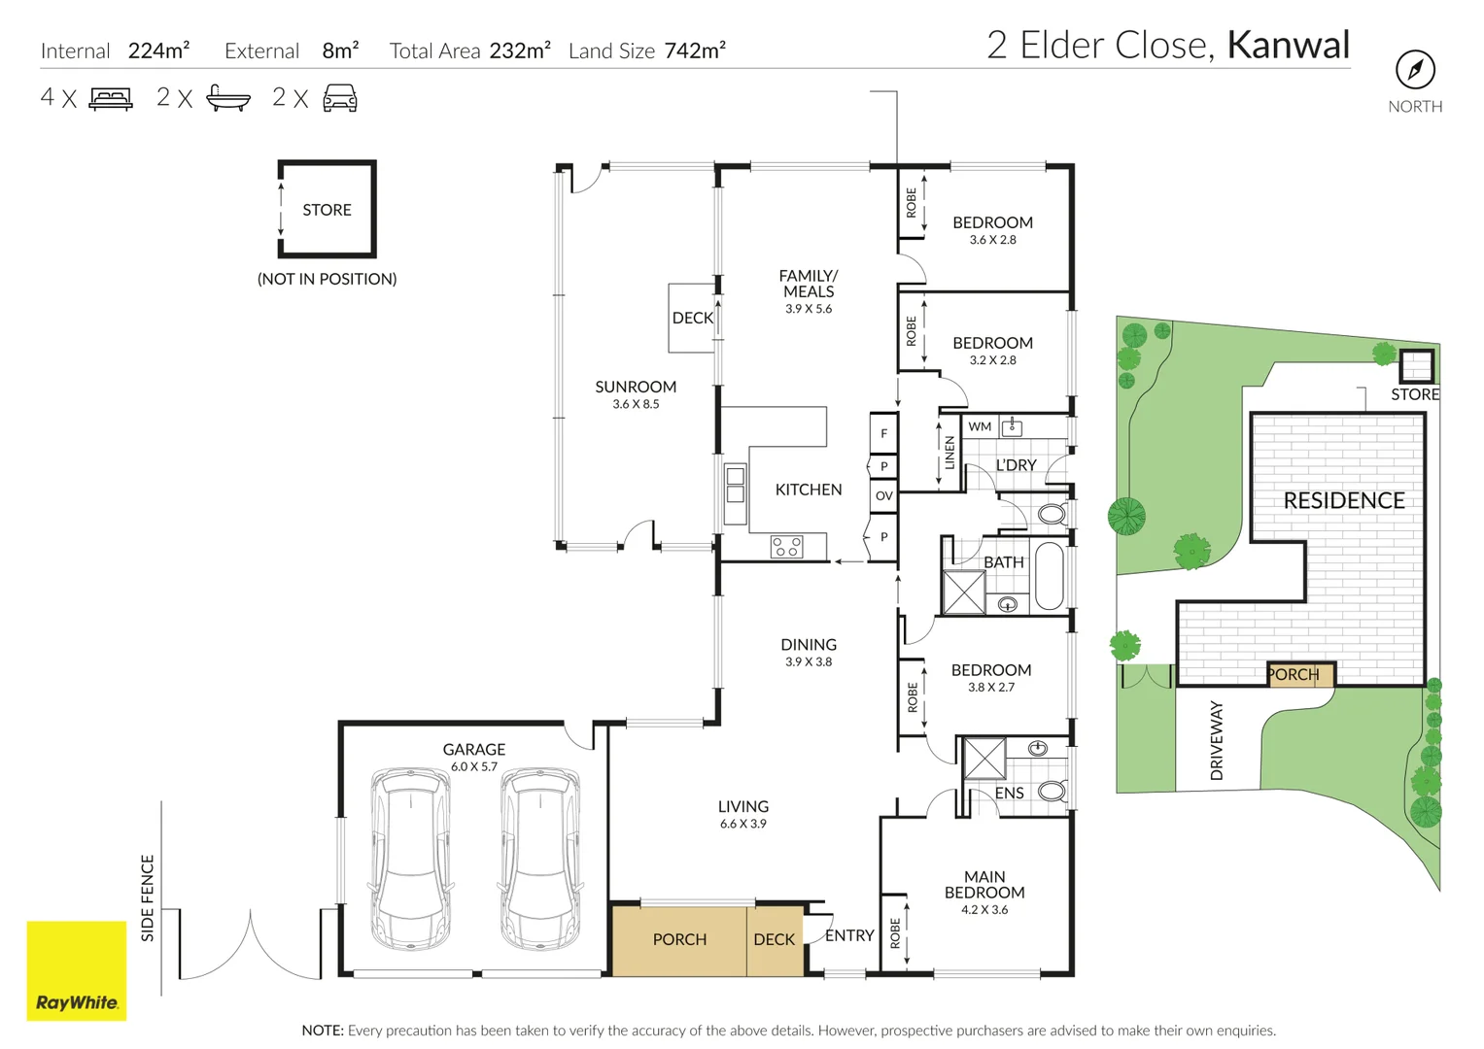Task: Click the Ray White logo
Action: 77,970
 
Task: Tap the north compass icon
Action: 1415,70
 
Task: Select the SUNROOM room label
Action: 636,387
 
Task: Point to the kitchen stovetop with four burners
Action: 787,547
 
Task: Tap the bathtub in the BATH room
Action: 1050,577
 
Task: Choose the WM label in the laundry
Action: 980,426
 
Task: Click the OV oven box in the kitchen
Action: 883,495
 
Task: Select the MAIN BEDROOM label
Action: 984,884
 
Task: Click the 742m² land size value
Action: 695,51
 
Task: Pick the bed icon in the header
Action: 111,98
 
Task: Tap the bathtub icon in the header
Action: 228,98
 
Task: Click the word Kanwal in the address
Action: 1288,46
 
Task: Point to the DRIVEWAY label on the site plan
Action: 1217,740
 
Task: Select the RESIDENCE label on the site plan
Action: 1344,501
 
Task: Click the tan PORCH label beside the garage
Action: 679,939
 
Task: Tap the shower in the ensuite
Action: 984,759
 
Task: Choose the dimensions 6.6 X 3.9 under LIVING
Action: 743,824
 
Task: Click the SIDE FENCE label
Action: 148,897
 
